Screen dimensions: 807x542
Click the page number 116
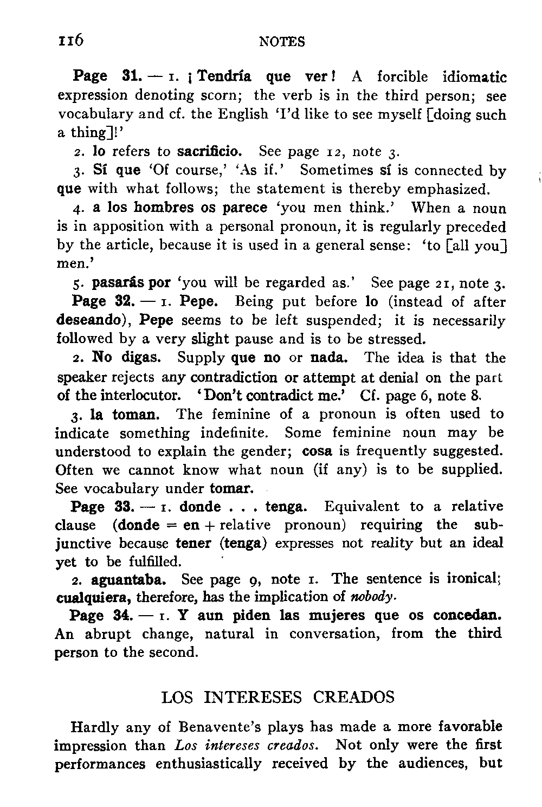[x=71, y=40]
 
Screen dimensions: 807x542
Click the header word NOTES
[x=282, y=42]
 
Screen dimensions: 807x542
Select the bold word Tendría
[x=224, y=77]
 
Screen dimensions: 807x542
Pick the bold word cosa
[x=317, y=451]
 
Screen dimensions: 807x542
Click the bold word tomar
[x=231, y=488]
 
